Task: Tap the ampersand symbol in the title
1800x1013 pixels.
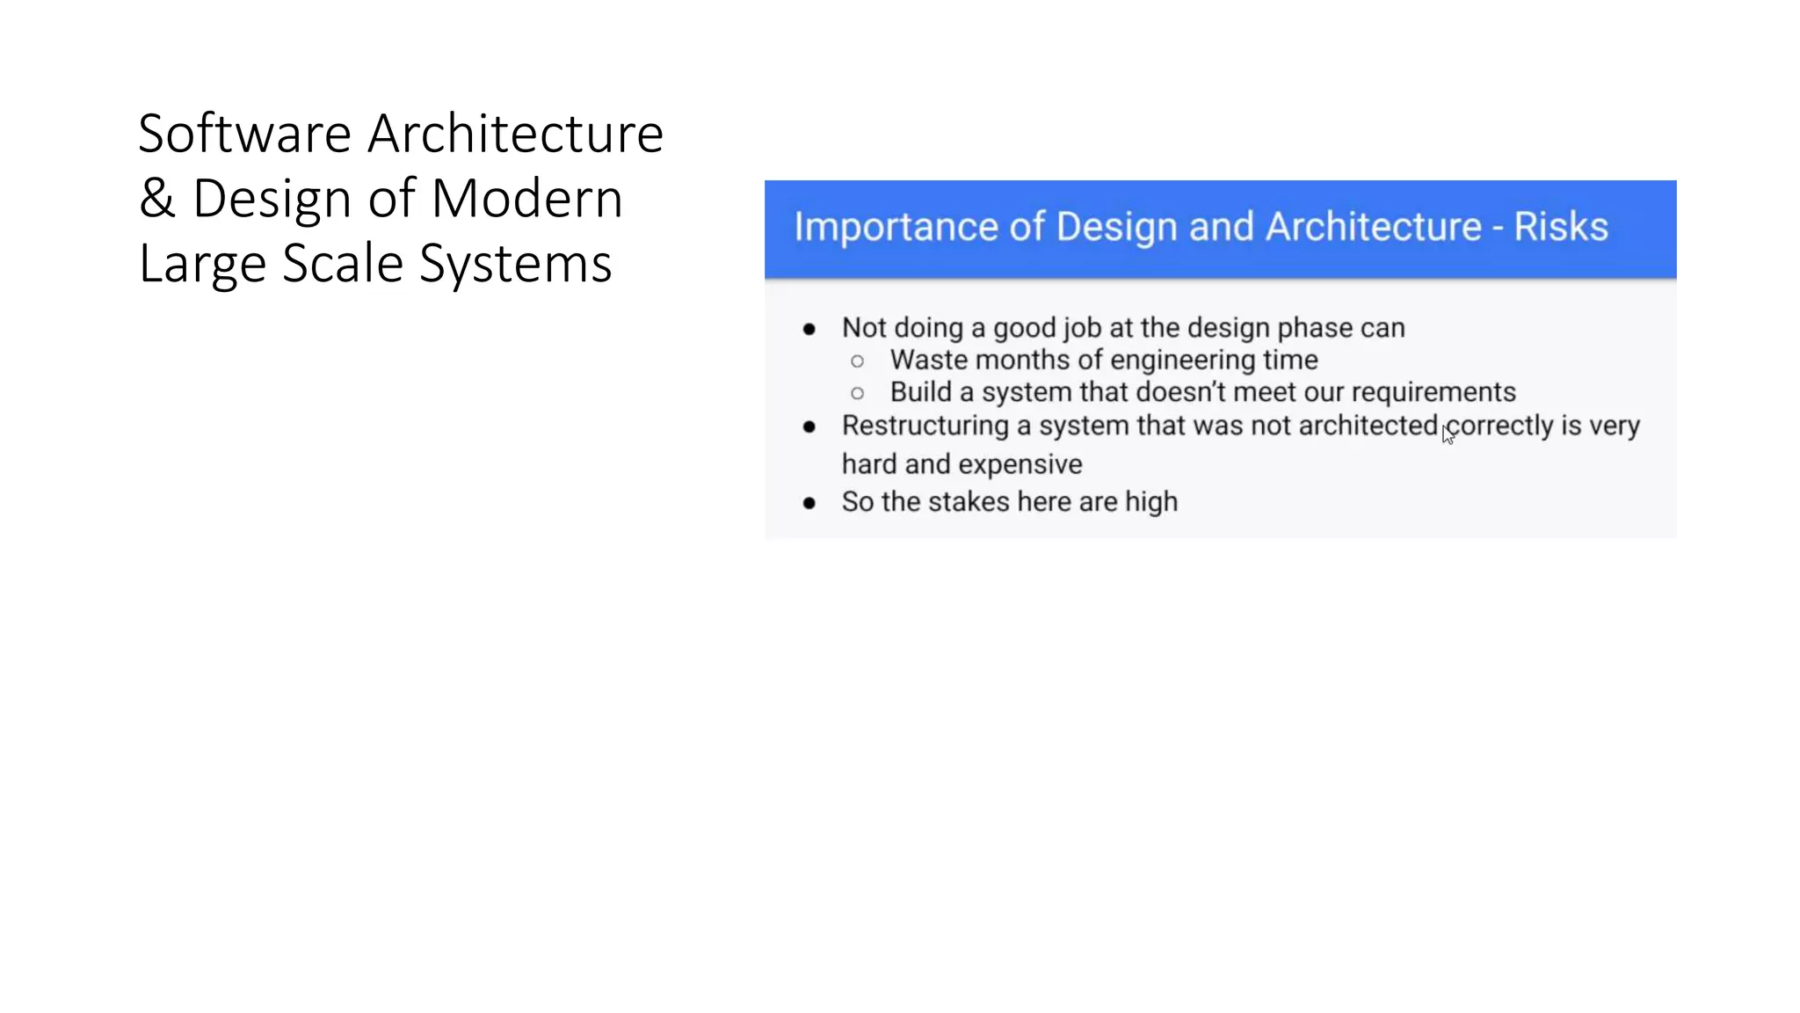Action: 157,199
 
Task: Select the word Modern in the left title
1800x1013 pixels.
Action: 527,199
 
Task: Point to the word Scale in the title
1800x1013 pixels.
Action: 343,264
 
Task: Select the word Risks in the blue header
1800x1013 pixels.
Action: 1561,227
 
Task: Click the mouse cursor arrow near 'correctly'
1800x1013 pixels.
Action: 1447,434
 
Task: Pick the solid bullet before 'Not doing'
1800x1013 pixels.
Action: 809,330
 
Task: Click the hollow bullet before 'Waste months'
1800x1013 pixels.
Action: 858,361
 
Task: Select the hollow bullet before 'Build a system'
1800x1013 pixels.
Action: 858,393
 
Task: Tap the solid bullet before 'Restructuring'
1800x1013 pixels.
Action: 809,427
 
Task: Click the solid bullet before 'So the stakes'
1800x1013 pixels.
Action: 809,503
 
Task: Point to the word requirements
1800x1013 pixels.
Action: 1433,392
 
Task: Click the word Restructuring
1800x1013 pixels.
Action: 925,426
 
